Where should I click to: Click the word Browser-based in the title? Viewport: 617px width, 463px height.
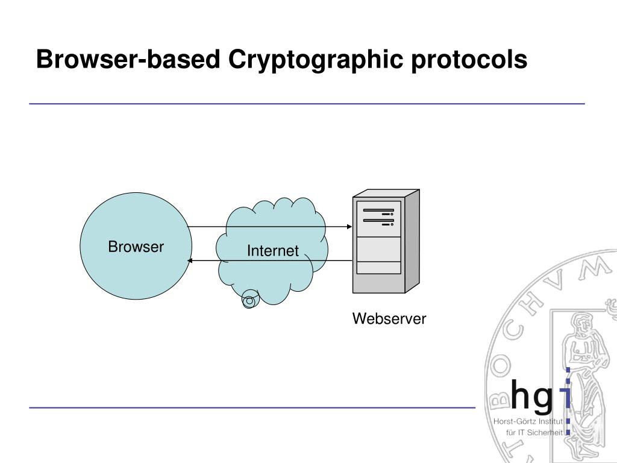point(129,60)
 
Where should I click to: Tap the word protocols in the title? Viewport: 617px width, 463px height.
point(469,60)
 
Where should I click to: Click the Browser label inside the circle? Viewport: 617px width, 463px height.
point(136,247)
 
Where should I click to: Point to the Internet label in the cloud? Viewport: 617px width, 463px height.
point(272,251)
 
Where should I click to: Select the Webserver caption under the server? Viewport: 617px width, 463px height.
point(389,319)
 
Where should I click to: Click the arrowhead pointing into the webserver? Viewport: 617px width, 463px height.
point(349,227)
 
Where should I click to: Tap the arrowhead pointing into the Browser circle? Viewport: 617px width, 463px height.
point(190,260)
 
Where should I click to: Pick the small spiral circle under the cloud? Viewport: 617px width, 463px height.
point(249,300)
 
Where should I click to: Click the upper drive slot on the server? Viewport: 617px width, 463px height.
point(378,211)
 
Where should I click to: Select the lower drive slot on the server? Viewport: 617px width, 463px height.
point(378,221)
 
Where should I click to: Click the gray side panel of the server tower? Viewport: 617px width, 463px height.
point(412,241)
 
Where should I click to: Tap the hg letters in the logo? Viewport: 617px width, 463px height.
point(531,395)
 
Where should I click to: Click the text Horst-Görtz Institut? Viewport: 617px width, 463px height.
point(528,421)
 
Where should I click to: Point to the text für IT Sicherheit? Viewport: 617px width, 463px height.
point(534,432)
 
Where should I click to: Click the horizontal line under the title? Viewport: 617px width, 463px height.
point(307,104)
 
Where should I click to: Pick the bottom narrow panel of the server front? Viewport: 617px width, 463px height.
point(378,268)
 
